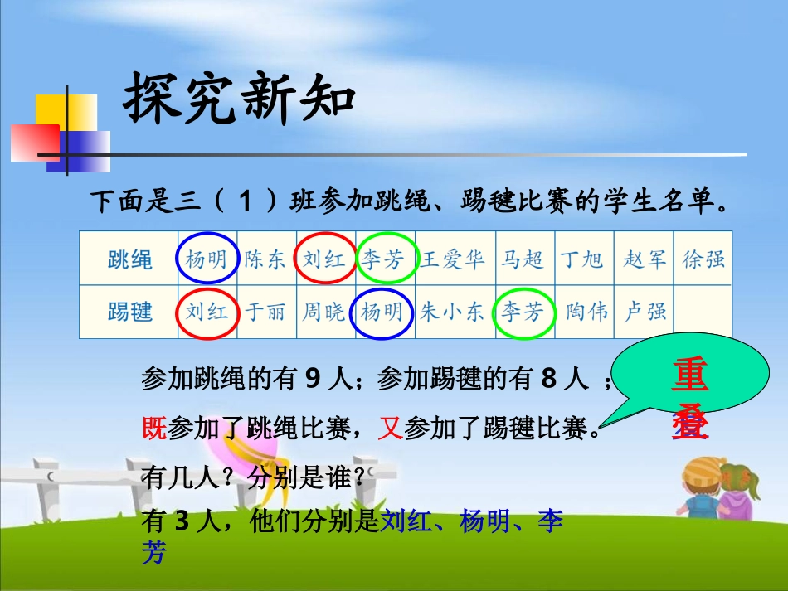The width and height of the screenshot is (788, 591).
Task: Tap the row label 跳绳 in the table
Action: pos(130,260)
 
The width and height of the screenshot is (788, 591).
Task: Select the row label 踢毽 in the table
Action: pos(130,312)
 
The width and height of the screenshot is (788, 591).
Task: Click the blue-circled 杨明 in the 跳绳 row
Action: pos(206,259)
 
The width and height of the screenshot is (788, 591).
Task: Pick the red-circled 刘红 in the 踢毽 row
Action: pos(206,312)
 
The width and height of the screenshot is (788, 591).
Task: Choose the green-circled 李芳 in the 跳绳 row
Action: pos(383,260)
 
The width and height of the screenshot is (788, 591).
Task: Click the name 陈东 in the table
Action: pos(265,260)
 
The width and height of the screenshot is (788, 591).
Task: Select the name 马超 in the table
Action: pos(523,260)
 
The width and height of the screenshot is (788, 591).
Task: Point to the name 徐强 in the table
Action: pos(703,260)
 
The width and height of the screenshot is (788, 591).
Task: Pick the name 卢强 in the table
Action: pos(645,312)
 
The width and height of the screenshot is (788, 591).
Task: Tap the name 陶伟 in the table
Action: pos(586,312)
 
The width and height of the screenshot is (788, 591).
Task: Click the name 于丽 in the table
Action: pos(265,312)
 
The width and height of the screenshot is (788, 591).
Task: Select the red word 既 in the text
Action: pos(154,428)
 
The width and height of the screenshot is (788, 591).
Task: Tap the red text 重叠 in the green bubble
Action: pos(690,400)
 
